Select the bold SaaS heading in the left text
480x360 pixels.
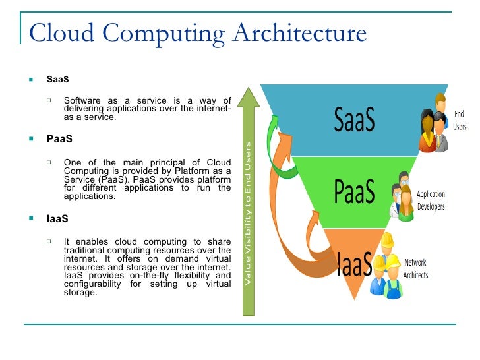pyautogui.click(x=57, y=80)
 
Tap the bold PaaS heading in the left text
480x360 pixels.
pyautogui.click(x=59, y=140)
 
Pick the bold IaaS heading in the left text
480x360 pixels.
pyautogui.click(x=57, y=218)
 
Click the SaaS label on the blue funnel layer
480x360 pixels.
pyautogui.click(x=354, y=121)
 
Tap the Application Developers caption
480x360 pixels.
pyautogui.click(x=431, y=200)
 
